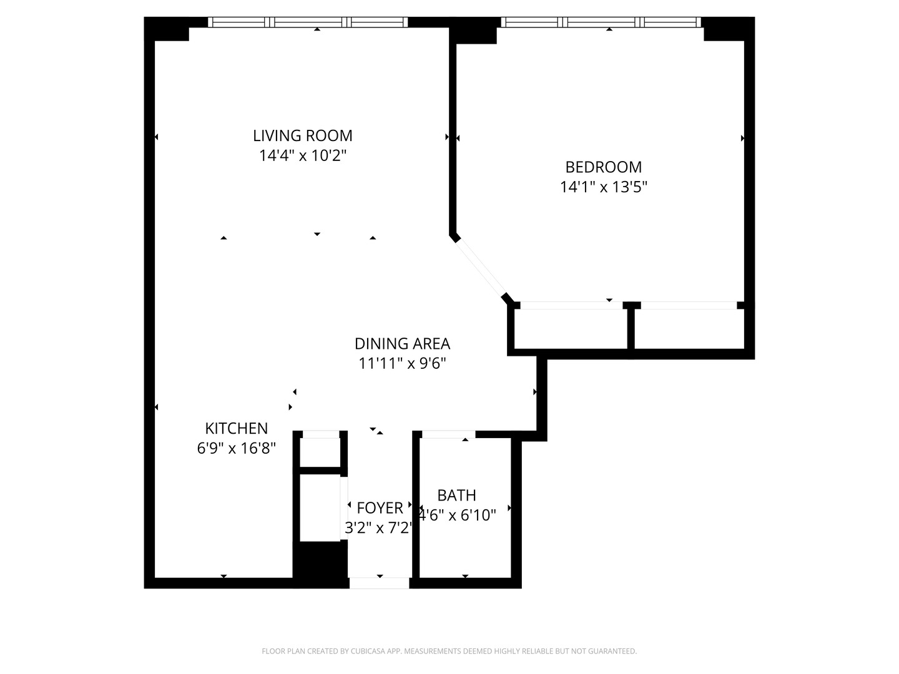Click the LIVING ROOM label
303,135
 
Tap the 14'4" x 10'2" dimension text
303,155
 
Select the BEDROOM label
603,167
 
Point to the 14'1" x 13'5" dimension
603,187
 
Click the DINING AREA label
402,343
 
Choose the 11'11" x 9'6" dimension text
402,363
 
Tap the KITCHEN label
236,428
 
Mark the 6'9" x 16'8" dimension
236,448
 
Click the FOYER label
380,507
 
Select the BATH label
456,495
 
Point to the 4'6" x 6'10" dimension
458,515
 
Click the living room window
308,22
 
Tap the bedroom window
601,22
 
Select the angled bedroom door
481,268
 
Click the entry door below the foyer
379,583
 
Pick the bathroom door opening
448,434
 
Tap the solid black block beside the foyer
320,564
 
